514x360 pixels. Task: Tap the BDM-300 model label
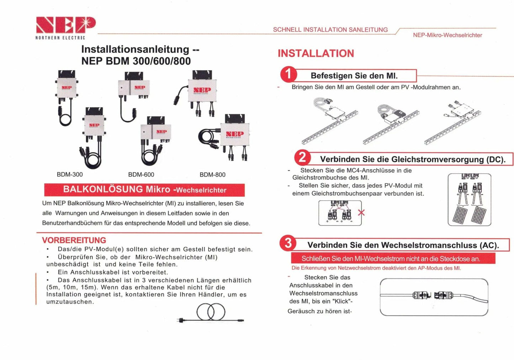click(x=70, y=175)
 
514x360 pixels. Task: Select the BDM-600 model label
click(x=141, y=175)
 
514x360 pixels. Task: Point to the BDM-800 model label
click(x=212, y=175)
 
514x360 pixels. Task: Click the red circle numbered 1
click(x=288, y=74)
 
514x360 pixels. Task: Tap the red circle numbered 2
click(x=302, y=158)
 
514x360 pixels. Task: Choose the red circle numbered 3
click(x=288, y=243)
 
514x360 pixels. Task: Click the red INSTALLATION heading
click(x=316, y=53)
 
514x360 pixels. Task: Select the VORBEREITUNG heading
click(x=74, y=240)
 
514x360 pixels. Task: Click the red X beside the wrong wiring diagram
click(x=361, y=213)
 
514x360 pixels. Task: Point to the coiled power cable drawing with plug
click(x=211, y=313)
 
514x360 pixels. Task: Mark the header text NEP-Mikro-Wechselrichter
click(x=447, y=35)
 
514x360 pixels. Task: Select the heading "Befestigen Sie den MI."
click(x=354, y=76)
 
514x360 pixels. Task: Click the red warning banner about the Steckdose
click(x=393, y=259)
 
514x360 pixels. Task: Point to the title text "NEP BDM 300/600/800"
click(x=136, y=61)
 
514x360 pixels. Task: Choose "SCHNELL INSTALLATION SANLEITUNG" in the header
click(x=330, y=30)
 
